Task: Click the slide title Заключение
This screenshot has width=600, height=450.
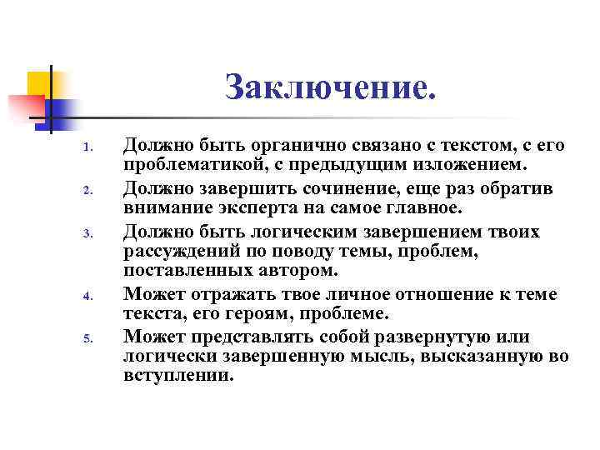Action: pos(331,87)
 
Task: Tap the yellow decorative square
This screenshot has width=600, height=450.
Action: pos(39,85)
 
